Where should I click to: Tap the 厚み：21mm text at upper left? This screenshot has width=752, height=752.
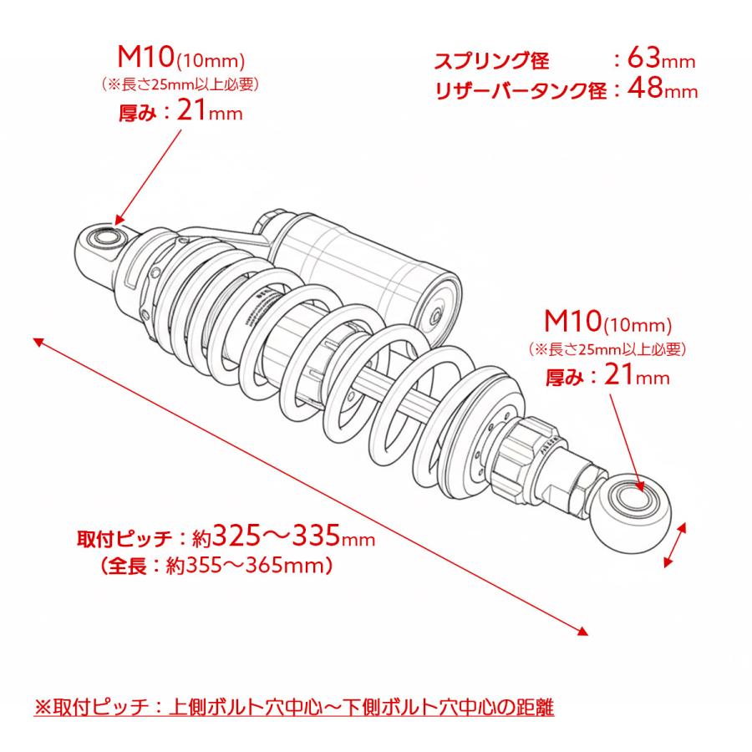click(180, 113)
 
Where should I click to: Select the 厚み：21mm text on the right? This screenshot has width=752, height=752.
click(607, 377)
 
